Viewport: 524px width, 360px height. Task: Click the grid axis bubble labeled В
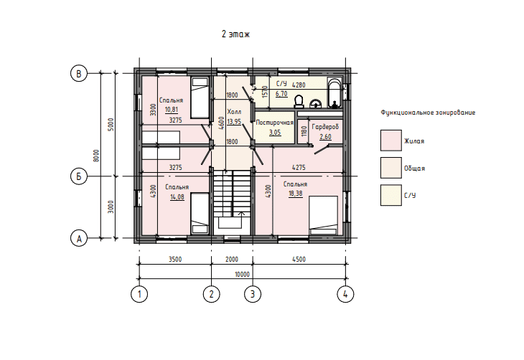point(79,73)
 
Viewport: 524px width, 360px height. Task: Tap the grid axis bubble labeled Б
point(79,176)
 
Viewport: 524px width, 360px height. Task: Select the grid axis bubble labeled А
point(79,238)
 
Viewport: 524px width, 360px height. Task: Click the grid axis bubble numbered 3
point(253,294)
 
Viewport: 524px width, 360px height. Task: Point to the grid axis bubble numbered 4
point(345,294)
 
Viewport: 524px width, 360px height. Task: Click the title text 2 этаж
point(235,34)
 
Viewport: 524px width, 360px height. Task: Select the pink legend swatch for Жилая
point(391,141)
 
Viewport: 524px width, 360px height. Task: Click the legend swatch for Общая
point(391,168)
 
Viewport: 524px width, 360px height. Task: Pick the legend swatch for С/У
point(391,195)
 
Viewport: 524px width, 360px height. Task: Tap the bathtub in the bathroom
point(334,93)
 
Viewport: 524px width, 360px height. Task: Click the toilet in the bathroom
point(299,102)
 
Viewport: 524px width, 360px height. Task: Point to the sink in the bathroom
point(315,104)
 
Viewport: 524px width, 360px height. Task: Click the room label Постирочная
point(275,123)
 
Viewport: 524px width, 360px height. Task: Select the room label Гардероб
point(325,127)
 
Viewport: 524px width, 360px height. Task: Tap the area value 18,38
point(296,194)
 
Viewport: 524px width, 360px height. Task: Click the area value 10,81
point(172,110)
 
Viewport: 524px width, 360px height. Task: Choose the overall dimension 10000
point(243,275)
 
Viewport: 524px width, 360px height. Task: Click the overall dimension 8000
point(96,156)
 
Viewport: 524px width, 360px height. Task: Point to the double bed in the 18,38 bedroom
point(324,215)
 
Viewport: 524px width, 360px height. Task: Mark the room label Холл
point(234,112)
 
